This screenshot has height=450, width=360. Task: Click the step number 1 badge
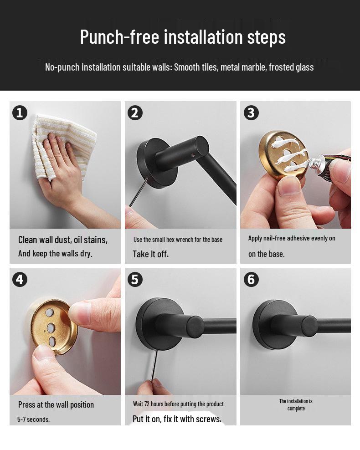tap(20, 113)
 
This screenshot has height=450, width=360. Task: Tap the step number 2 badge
tap(135, 113)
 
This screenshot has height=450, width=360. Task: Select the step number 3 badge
tap(251, 113)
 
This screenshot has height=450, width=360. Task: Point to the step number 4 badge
tap(20, 280)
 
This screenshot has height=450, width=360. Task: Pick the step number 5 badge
tap(135, 280)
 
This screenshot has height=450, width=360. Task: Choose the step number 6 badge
tap(251, 280)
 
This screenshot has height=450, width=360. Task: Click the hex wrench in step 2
tap(139, 192)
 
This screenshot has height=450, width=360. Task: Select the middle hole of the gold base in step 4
tap(51, 327)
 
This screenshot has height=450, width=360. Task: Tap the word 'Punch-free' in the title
tap(119, 37)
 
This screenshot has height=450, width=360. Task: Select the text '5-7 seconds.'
tap(33, 419)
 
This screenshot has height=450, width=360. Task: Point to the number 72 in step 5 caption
tap(146, 404)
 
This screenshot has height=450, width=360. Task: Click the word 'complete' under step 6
tap(296, 409)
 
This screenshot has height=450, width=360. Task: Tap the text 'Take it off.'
tap(150, 254)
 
